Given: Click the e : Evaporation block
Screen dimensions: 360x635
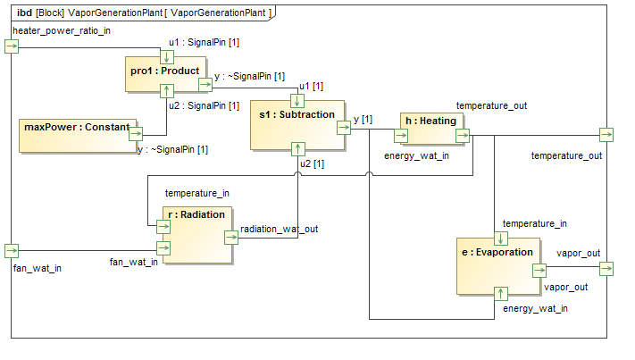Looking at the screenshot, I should coord(498,265).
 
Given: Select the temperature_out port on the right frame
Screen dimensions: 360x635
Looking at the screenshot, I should coord(606,135).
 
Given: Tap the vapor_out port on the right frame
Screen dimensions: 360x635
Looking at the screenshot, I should coord(606,269).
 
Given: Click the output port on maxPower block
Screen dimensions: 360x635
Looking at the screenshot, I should coord(136,135).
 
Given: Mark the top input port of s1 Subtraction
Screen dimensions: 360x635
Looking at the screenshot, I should coord(298,101).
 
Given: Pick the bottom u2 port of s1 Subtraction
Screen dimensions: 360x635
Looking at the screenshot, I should coord(298,149).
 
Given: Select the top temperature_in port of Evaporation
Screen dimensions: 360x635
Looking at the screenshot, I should coord(501,239).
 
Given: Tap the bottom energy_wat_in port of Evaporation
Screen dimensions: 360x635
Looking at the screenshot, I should coord(501,292).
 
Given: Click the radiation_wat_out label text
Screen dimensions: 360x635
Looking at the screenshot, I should coord(279,229).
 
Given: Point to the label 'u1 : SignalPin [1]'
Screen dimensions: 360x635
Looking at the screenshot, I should coord(204,43).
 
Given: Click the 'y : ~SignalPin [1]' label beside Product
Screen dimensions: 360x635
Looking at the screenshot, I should coord(249,77).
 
